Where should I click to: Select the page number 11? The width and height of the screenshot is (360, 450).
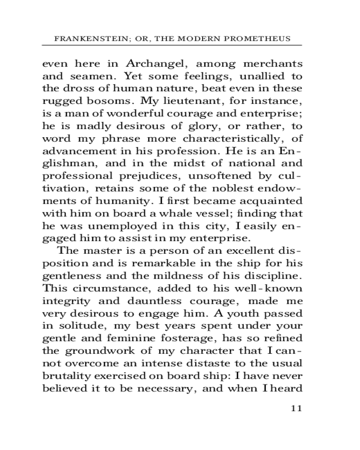[x=296, y=409]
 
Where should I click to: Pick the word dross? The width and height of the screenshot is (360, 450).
[x=76, y=88]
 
